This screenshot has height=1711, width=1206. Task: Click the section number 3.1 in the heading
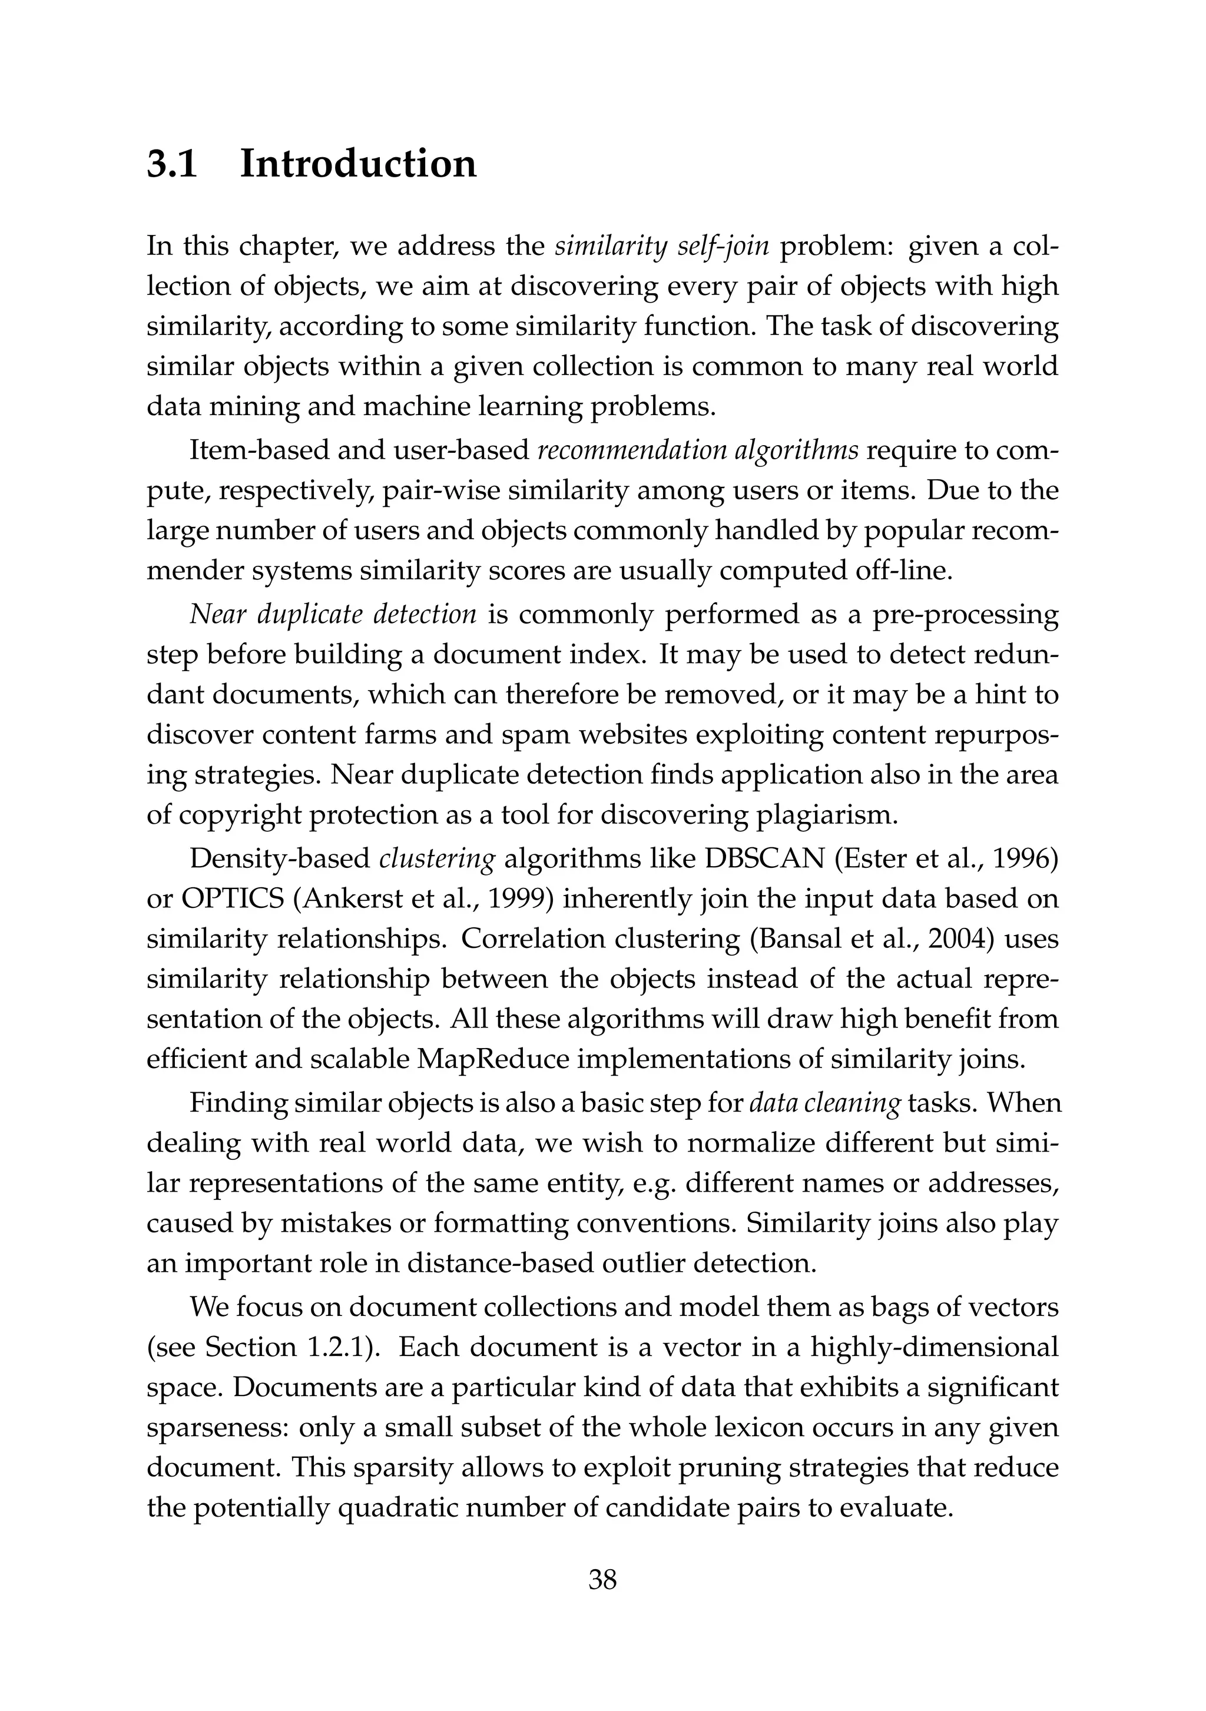click(172, 164)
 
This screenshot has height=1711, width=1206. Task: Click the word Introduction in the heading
click(358, 164)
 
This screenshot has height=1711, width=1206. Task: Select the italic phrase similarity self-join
click(661, 247)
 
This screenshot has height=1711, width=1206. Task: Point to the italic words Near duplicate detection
click(333, 614)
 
